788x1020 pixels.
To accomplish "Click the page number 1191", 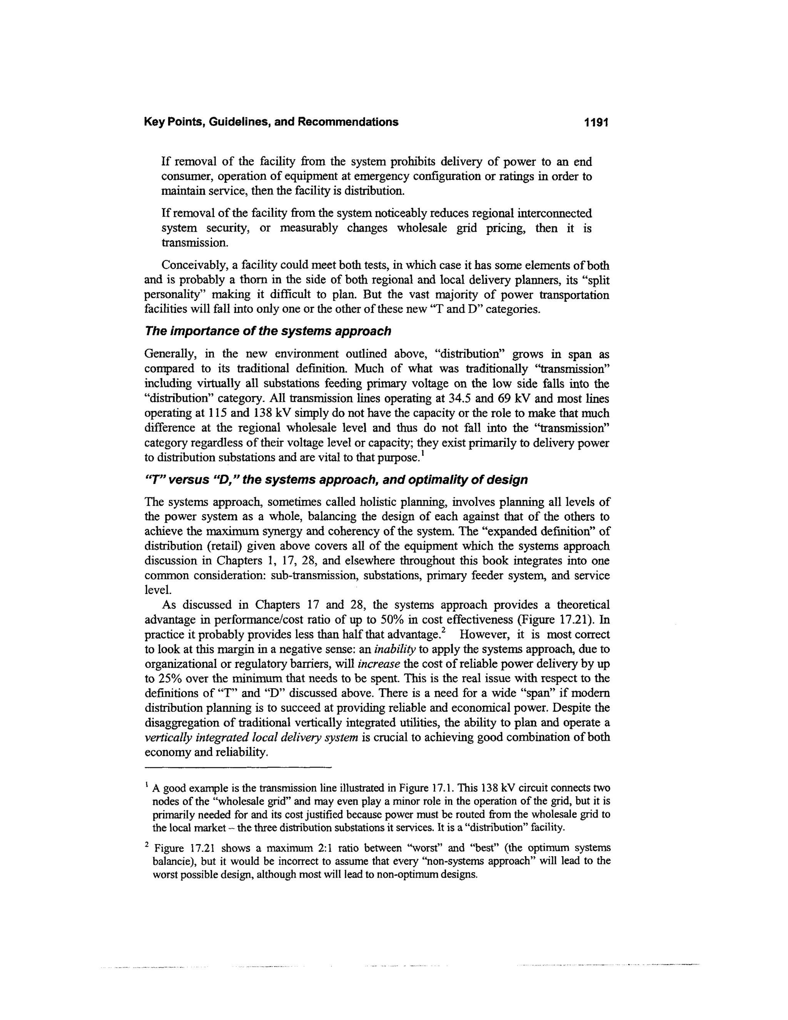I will click(x=596, y=122).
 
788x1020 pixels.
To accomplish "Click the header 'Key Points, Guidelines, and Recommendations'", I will click(x=271, y=122).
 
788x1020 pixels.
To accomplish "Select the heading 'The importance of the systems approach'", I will click(x=267, y=331).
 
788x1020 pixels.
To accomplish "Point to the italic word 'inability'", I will click(x=395, y=649).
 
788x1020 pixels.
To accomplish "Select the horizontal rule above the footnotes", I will click(x=238, y=767).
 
